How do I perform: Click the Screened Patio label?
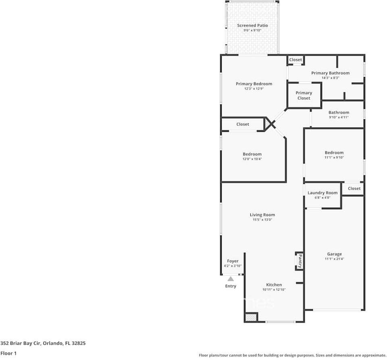252,25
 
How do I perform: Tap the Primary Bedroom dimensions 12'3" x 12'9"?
254,89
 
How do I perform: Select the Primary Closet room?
304,96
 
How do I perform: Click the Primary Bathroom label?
330,73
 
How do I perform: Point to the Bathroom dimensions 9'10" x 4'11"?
339,117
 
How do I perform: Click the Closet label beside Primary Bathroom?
295,60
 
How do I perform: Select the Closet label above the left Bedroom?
243,124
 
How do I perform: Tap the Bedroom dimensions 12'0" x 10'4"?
252,159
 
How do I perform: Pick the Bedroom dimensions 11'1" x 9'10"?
334,158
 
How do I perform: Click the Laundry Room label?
322,193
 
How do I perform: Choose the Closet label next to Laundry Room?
354,188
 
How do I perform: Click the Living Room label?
262,215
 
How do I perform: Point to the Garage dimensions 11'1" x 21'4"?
334,259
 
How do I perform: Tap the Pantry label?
300,261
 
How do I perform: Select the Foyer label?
233,261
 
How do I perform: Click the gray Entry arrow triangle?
231,279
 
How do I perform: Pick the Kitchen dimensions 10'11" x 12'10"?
274,289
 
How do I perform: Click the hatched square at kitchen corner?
250,318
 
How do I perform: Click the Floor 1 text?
9,353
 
